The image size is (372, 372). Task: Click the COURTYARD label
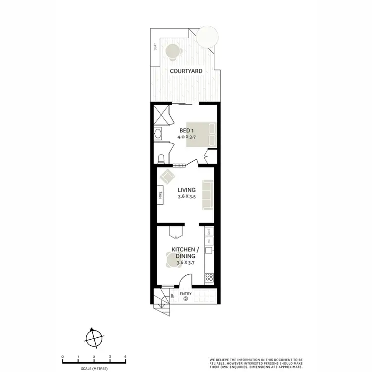click(186, 71)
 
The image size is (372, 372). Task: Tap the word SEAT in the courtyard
click(155, 47)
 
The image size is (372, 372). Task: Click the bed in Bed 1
click(201, 134)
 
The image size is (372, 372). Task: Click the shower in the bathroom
click(162, 115)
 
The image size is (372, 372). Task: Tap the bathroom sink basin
click(157, 133)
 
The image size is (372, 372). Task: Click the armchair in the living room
click(168, 175)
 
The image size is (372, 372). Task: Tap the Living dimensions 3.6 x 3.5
click(187, 197)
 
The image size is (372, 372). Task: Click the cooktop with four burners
click(209, 278)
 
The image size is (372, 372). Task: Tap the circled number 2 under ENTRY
click(186, 299)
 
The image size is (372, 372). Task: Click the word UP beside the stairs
click(172, 297)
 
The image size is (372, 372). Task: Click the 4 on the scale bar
click(125, 357)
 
